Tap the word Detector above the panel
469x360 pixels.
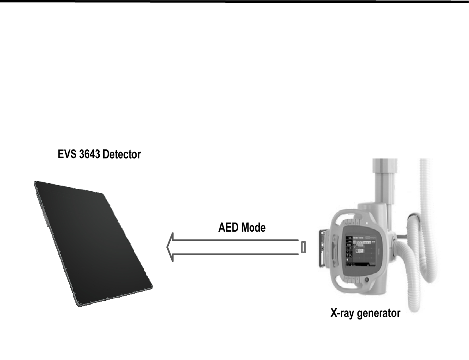pos(121,154)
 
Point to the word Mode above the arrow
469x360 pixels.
pos(253,228)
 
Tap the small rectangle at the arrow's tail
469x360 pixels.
pos(303,247)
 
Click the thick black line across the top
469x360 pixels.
pos(234,2)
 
